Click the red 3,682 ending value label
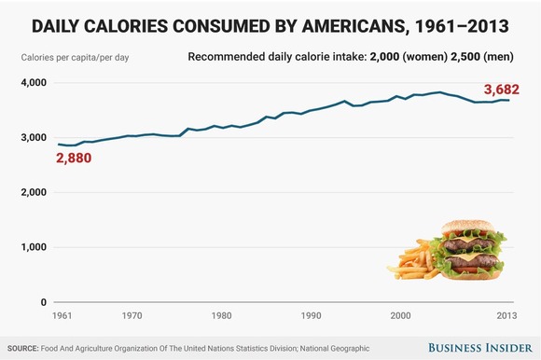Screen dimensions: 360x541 point(502,90)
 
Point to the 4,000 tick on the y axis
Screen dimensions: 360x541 point(34,83)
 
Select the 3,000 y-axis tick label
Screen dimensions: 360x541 point(34,138)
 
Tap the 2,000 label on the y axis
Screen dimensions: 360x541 point(34,193)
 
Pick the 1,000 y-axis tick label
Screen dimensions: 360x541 point(34,248)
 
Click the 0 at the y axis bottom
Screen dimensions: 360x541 point(43,303)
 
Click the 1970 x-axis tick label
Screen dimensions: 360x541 point(132,317)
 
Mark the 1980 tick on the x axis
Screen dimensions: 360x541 point(221,317)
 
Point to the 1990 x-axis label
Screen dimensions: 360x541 point(311,317)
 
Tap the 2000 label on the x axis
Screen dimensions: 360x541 point(400,317)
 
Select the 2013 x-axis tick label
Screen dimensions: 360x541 point(504,317)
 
